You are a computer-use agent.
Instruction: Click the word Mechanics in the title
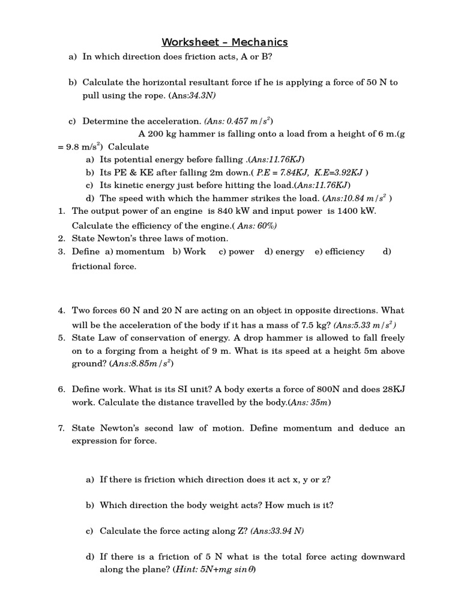(x=260, y=42)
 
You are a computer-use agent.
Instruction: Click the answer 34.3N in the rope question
(x=202, y=95)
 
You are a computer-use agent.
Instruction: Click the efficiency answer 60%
(x=264, y=226)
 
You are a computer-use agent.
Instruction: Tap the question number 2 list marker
(x=61, y=238)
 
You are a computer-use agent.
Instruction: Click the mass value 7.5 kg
(x=315, y=325)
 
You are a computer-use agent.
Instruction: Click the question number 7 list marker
(x=61, y=428)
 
